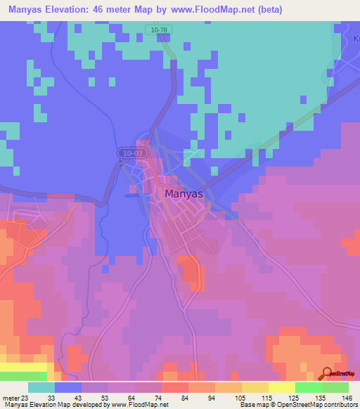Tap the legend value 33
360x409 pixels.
[51, 398]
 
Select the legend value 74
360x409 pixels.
[160, 398]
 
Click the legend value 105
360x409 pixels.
[240, 398]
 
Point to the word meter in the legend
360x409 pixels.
[13, 398]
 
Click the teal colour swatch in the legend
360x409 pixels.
[41, 387]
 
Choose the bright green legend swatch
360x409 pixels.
[309, 387]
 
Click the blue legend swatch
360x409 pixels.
[68, 387]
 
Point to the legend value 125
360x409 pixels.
[294, 398]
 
